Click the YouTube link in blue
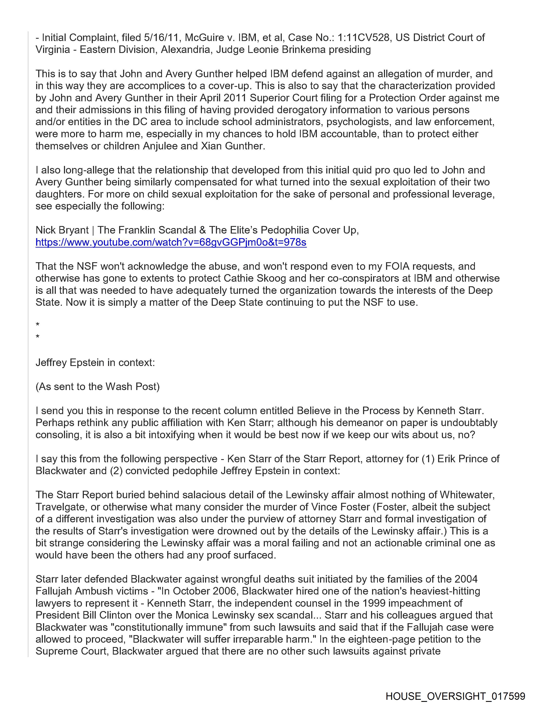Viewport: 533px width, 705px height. click(x=171, y=243)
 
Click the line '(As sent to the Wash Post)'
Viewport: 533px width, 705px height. click(x=97, y=387)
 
